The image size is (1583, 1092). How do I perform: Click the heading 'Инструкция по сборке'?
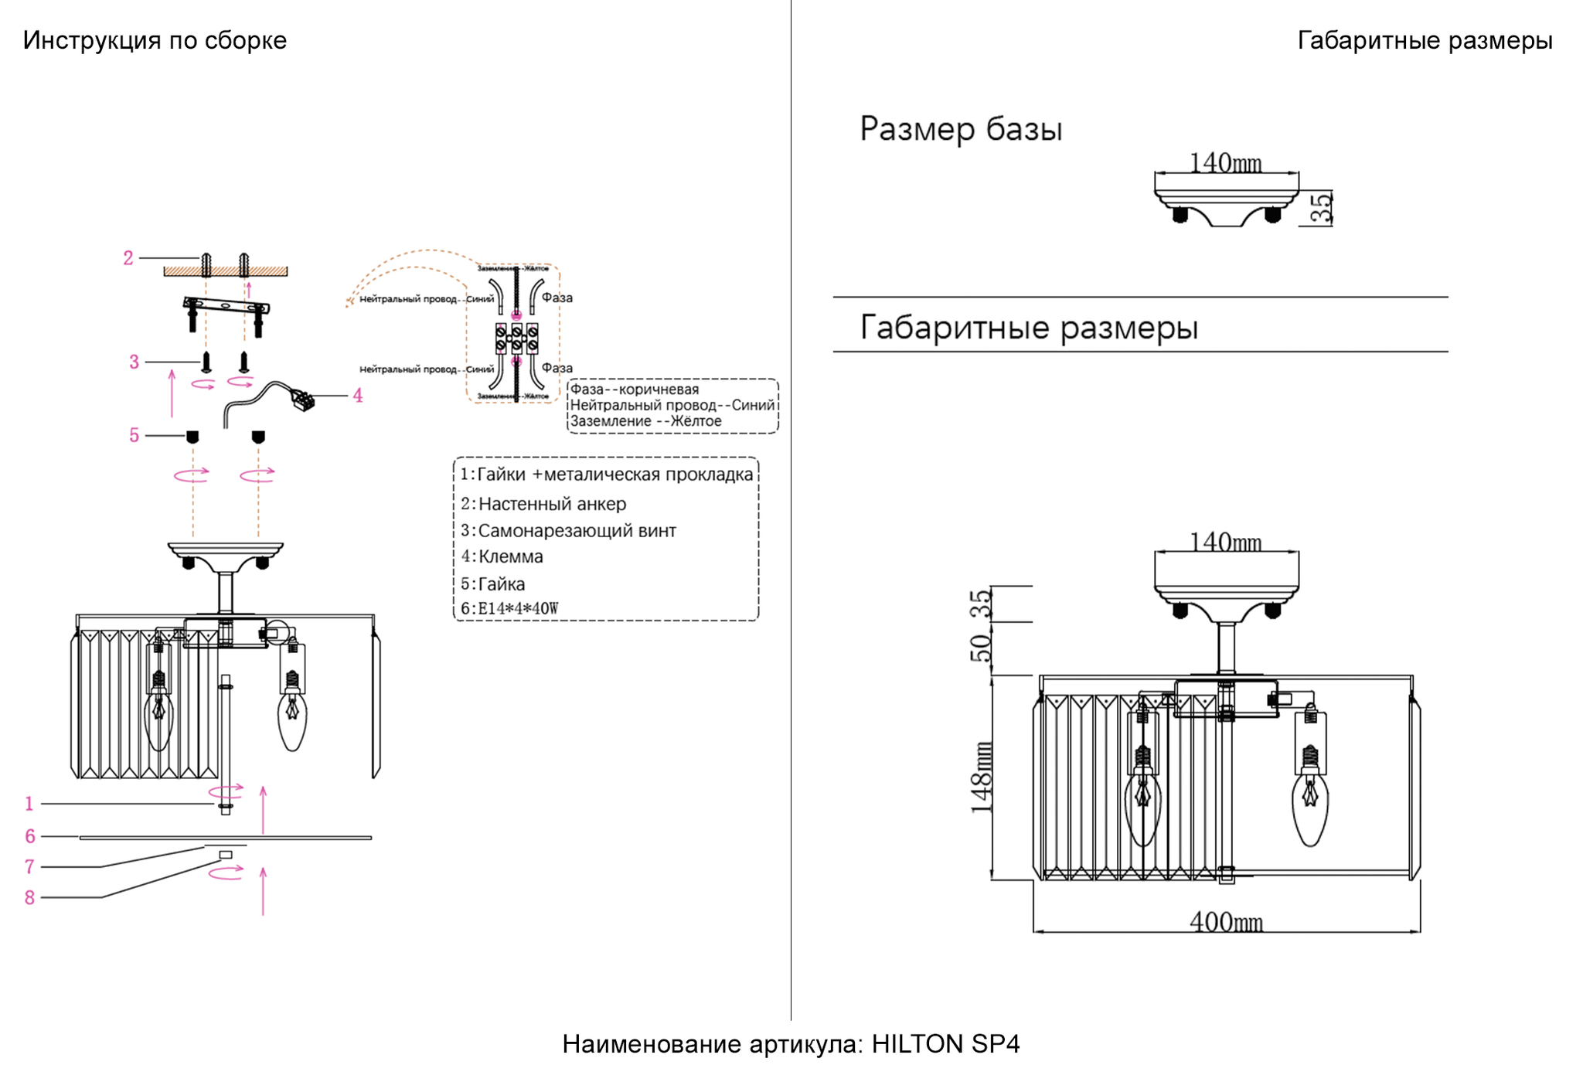[x=155, y=40]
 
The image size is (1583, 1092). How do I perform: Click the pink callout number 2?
[x=128, y=258]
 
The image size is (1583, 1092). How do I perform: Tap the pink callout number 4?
[x=357, y=396]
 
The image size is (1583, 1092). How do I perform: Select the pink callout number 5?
[x=134, y=436]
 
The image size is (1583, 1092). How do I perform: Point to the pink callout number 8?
[x=29, y=898]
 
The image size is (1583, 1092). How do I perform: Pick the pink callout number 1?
[x=29, y=805]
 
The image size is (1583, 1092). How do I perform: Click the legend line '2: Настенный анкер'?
[x=543, y=504]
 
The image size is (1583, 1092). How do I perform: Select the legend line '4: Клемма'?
[x=502, y=556]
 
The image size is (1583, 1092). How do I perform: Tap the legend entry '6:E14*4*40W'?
[x=509, y=608]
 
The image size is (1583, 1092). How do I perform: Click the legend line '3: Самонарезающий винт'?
[x=568, y=531]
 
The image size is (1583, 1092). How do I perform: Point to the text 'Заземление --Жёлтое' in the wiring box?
[x=645, y=421]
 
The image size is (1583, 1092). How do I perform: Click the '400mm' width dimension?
[x=1226, y=922]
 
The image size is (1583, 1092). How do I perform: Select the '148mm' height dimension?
[x=982, y=777]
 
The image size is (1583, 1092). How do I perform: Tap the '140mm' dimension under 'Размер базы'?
[x=1225, y=163]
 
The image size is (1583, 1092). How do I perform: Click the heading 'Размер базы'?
[x=961, y=129]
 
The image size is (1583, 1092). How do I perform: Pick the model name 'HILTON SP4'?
[x=945, y=1044]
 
